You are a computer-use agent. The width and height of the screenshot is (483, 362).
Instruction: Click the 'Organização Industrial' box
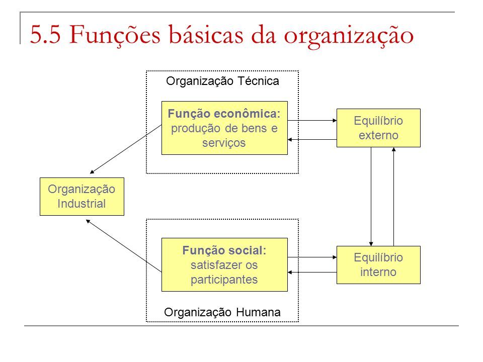(x=82, y=197)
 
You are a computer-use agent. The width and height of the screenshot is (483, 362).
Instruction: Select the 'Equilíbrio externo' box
(x=378, y=128)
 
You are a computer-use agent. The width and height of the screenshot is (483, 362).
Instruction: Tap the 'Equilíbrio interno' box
(x=378, y=265)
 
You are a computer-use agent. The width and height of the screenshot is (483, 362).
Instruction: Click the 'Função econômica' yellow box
(x=224, y=128)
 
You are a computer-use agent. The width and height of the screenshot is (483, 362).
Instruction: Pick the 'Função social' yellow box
(x=224, y=265)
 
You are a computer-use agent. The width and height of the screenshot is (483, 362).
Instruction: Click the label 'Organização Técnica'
(x=222, y=81)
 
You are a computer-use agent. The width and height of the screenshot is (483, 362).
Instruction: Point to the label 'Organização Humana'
(x=222, y=312)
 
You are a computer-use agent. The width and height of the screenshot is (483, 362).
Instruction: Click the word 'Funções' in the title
(x=115, y=35)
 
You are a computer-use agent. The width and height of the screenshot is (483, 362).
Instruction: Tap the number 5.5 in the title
(x=45, y=35)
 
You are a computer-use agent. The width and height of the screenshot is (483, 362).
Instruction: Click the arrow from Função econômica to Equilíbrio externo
(x=312, y=120)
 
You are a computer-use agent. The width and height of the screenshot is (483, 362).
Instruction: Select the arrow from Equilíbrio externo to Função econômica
(x=312, y=139)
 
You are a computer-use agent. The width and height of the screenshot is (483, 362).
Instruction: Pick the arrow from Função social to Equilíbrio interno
(x=312, y=257)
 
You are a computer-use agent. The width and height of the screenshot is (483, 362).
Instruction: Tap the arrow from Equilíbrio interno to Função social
(x=312, y=272)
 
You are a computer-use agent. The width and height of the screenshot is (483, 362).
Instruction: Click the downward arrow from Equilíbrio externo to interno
(x=371, y=197)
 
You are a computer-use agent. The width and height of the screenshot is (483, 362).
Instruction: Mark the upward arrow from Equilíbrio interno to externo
(x=393, y=197)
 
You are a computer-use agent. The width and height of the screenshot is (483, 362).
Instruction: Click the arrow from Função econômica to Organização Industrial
(x=126, y=149)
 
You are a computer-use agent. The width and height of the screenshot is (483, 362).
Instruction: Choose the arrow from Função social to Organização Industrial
(x=124, y=246)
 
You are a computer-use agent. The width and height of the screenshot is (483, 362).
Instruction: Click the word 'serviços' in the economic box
(x=224, y=143)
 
